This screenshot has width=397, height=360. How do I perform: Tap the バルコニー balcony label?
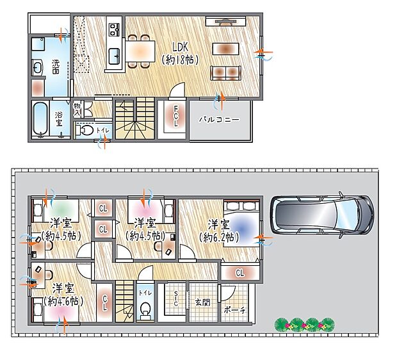tap(218, 119)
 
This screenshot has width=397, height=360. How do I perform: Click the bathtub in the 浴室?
tap(40, 119)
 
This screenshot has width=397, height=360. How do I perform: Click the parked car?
tap(321, 215)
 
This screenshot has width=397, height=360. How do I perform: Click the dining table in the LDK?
tap(139, 50)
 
